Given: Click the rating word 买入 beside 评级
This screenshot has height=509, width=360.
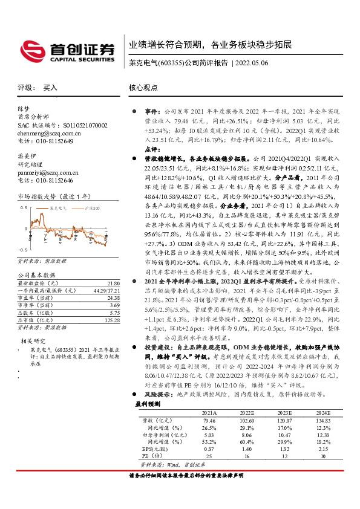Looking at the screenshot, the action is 50,87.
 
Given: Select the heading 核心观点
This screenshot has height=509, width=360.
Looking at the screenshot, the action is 143,87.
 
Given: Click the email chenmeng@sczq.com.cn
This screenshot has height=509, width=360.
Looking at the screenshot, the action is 44,132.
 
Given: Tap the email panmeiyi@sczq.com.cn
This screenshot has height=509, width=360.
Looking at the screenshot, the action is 44,172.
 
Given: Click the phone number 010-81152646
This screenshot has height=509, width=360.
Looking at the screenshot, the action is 51,180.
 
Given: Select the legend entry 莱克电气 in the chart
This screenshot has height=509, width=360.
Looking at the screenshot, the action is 59,207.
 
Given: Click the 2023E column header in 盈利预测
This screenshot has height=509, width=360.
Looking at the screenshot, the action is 284,411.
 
